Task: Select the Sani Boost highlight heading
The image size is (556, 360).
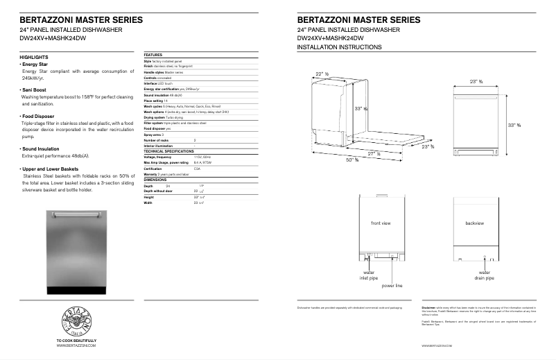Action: pyautogui.click(x=33, y=89)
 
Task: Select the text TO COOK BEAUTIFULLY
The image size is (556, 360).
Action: pyautogui.click(x=76, y=341)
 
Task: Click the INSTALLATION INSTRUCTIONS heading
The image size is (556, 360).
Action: pyautogui.click(x=339, y=47)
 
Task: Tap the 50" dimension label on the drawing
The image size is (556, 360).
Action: pyautogui.click(x=353, y=160)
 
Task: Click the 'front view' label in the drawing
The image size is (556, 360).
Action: pyautogui.click(x=381, y=223)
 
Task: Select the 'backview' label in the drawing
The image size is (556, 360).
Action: pyautogui.click(x=475, y=223)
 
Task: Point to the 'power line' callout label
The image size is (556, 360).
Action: pyautogui.click(x=392, y=285)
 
